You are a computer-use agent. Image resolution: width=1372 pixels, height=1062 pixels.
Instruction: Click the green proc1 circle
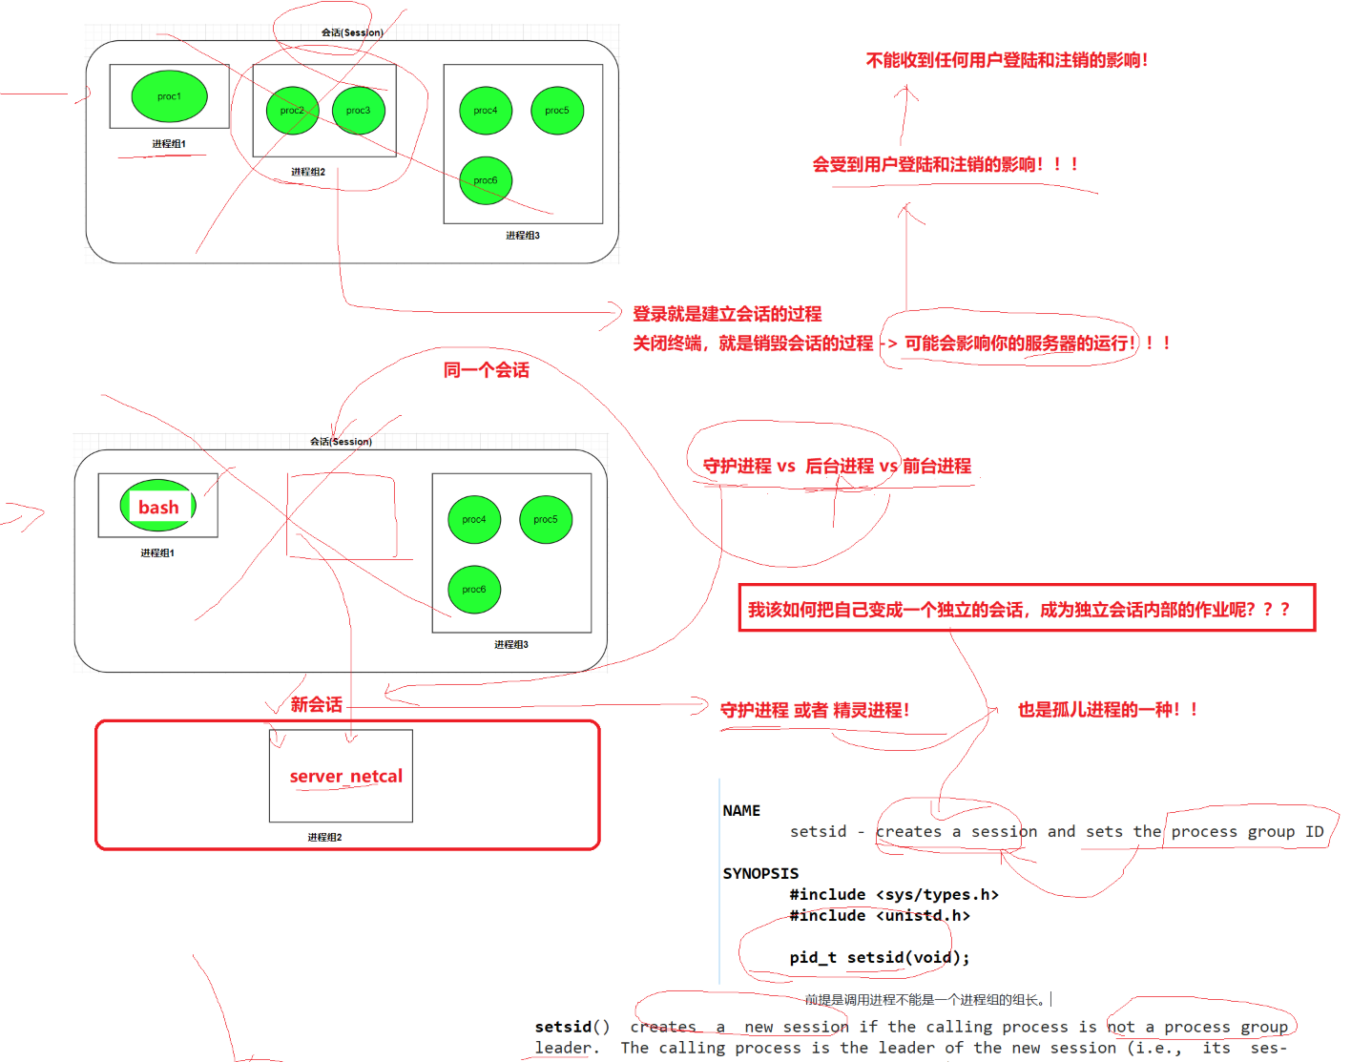[169, 96]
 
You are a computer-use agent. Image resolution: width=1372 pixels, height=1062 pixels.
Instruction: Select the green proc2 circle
[292, 111]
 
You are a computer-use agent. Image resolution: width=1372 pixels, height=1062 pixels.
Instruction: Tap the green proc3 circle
[358, 111]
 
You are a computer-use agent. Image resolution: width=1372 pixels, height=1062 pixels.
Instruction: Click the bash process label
[158, 507]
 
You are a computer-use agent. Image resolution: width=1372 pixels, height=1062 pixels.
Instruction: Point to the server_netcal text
[346, 777]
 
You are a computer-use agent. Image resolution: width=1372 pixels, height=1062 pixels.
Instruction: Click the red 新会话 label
[317, 705]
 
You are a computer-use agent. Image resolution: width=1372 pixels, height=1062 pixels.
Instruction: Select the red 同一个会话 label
[486, 370]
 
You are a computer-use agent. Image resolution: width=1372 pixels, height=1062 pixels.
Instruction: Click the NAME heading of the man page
[741, 811]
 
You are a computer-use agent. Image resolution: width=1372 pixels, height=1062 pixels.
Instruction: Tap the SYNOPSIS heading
[760, 873]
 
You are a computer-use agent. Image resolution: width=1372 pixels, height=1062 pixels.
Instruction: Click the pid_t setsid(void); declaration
[879, 957]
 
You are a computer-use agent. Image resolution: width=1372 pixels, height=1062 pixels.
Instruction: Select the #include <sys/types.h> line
[893, 894]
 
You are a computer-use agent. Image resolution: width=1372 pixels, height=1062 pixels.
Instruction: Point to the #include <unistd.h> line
[879, 916]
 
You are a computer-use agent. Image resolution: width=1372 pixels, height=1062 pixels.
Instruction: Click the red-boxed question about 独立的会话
[1018, 610]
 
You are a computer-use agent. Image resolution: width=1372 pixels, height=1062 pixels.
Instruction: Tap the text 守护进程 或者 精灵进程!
[814, 710]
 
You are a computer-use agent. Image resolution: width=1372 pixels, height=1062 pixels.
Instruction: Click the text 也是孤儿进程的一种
[1107, 710]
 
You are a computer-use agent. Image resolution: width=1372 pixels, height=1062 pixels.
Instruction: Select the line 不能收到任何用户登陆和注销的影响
[1007, 60]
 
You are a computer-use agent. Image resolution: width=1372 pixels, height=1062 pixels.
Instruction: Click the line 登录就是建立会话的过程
[727, 314]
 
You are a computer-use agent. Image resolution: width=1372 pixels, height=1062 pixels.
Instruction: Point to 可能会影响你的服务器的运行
[1019, 344]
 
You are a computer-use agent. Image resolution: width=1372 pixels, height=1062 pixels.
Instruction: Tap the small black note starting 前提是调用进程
[925, 1000]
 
